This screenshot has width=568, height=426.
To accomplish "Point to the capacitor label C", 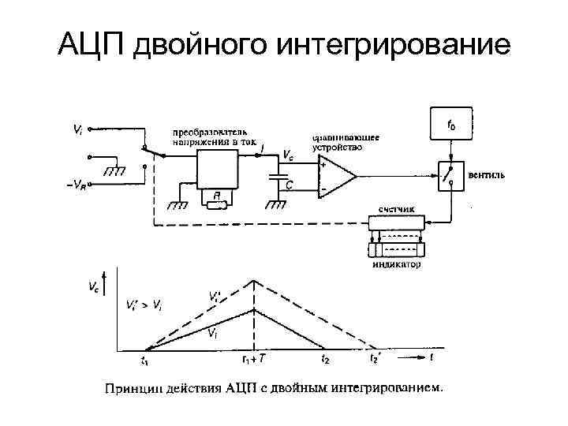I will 290,185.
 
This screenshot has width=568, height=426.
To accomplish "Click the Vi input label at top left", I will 77,126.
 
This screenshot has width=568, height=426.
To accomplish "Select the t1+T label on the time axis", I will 254,360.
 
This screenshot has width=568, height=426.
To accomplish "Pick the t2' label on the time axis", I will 375,360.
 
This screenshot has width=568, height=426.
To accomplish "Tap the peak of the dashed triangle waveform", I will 253,279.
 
